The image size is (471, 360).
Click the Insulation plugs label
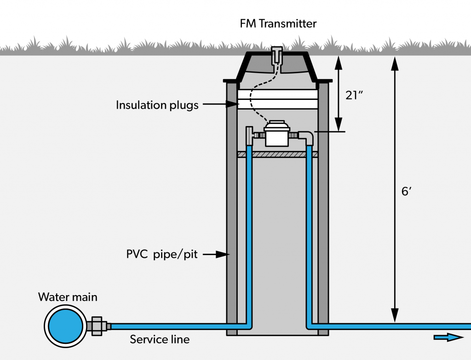157,105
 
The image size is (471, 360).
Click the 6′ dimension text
406,192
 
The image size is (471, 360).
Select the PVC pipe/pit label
162,254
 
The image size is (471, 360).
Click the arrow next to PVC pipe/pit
218,254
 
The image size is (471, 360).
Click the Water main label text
68,297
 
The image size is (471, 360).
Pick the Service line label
160,340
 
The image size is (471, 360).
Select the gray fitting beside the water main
98,326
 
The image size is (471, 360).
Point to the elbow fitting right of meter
307,137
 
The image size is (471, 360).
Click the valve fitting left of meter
250,136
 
